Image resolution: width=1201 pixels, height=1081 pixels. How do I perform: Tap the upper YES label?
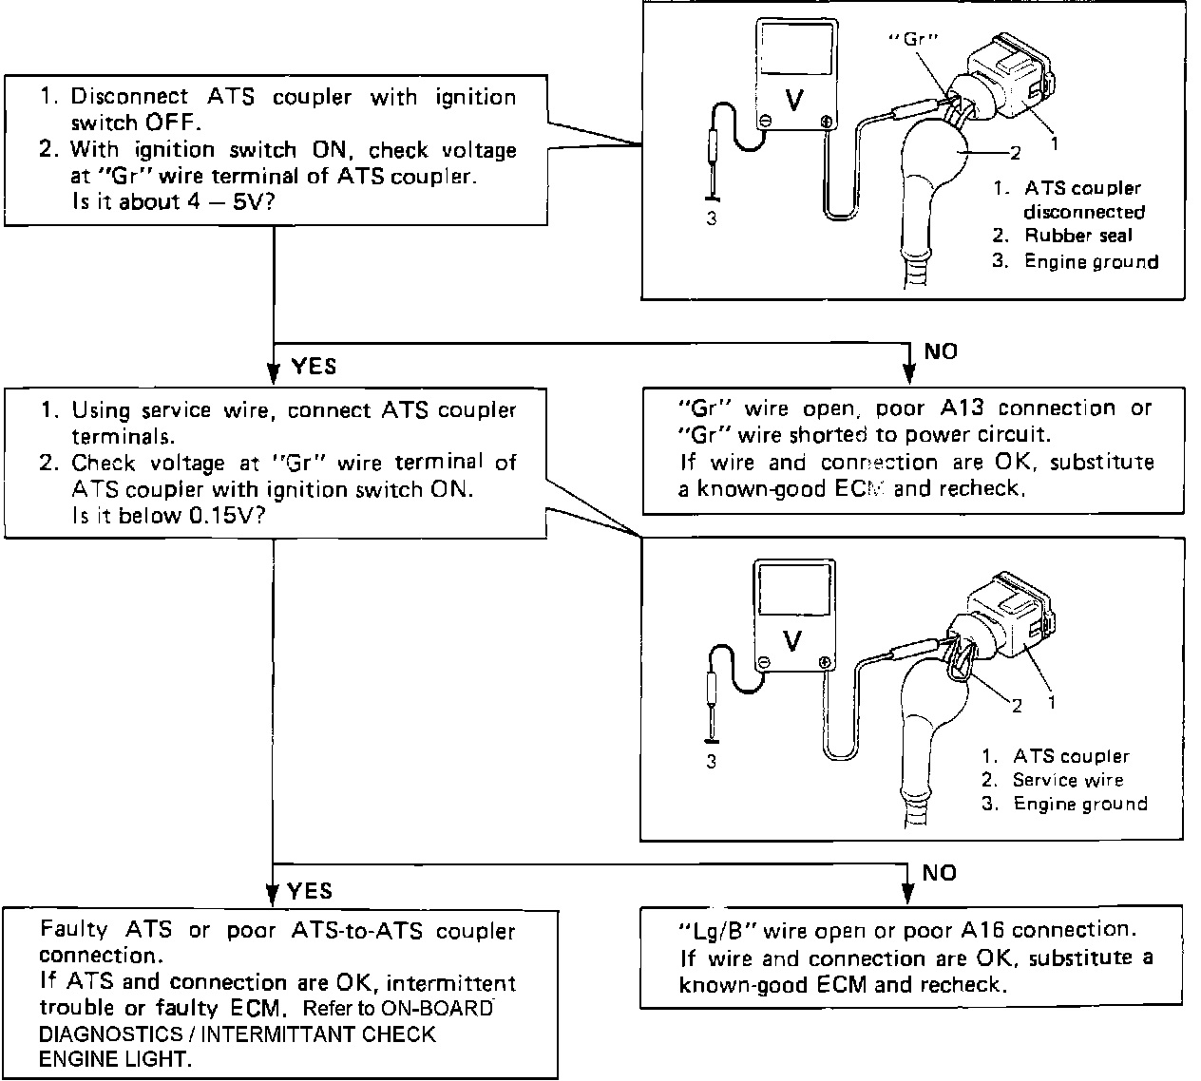click(x=314, y=366)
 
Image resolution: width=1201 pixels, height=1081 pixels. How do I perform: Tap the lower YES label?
click(x=310, y=890)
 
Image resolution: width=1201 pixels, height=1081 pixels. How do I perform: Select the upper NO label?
click(x=941, y=351)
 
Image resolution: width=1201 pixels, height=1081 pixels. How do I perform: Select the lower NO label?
click(x=939, y=873)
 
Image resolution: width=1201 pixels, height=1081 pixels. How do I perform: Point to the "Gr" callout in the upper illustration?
click(x=913, y=40)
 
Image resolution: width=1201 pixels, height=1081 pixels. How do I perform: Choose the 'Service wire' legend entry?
click(x=1067, y=780)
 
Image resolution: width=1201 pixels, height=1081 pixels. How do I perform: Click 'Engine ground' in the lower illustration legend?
click(x=1080, y=804)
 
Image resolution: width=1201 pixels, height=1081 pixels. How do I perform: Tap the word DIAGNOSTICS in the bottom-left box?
click(x=105, y=1034)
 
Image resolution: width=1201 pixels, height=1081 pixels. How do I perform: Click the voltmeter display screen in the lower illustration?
click(x=792, y=594)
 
